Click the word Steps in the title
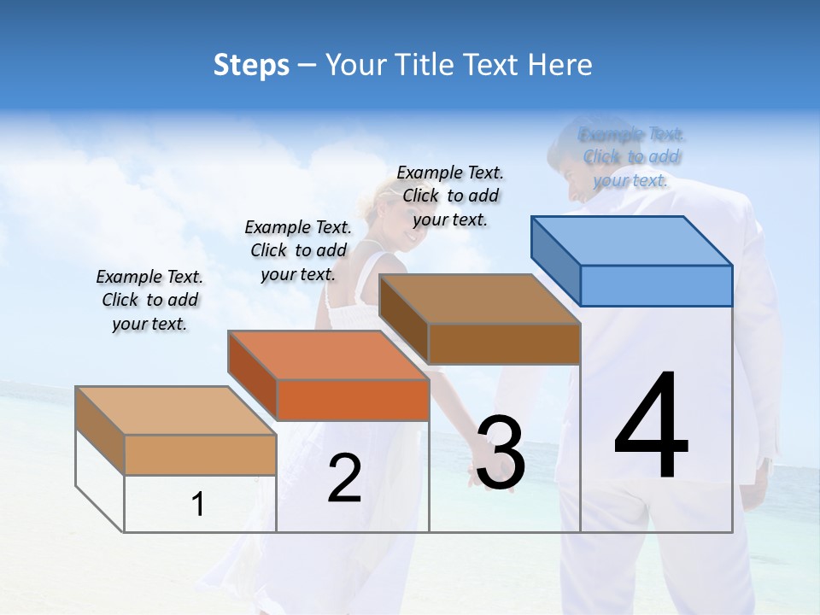point(251,65)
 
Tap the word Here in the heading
point(560,65)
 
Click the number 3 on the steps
point(501,453)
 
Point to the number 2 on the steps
point(344,479)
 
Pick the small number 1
point(198,505)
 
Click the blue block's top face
point(632,240)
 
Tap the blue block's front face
point(656,285)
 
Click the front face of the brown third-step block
point(504,344)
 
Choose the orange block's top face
point(328,355)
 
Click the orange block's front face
point(352,400)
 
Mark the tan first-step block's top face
point(176,411)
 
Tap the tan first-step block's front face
point(200,454)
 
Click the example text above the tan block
point(149,300)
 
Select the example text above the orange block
point(298,250)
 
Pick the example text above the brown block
point(450,196)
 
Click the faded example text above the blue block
point(631,157)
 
